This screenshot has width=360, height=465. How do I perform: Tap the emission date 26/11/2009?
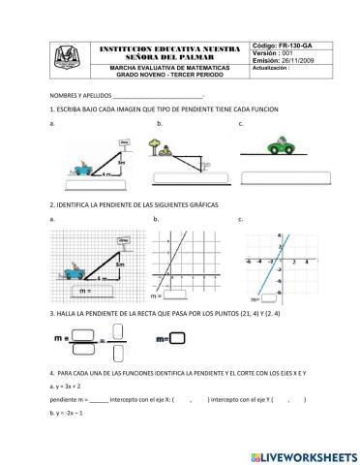(x=303, y=61)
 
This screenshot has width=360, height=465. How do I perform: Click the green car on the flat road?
(x=283, y=146)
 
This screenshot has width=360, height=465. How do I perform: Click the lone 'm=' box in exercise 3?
(x=177, y=338)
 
